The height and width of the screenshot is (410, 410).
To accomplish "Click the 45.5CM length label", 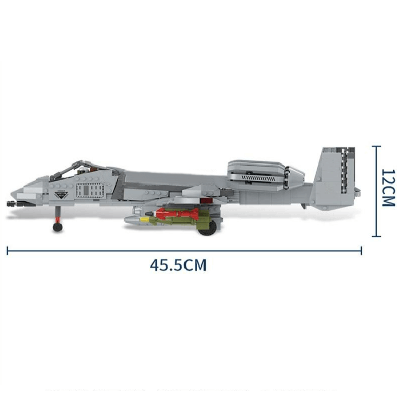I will pyautogui.click(x=178, y=265).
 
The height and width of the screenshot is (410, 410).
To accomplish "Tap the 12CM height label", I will pyautogui.click(x=388, y=188).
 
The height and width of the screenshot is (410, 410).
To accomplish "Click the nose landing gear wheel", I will pyautogui.click(x=57, y=226).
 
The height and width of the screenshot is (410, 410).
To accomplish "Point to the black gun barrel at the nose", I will pyautogui.click(x=10, y=203).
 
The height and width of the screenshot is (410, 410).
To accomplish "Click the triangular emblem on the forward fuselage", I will pyautogui.click(x=61, y=194).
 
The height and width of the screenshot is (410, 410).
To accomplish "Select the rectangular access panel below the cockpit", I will pyautogui.click(x=90, y=191).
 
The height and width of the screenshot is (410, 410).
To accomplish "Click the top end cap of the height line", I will pyautogui.click(x=377, y=146).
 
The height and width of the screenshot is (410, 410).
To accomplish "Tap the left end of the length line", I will pyautogui.click(x=7, y=251).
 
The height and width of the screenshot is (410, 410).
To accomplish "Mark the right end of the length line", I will pyautogui.click(x=361, y=251).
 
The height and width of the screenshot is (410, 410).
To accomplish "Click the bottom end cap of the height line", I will pyautogui.click(x=377, y=236).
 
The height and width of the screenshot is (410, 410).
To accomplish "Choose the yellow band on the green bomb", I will pyautogui.click(x=147, y=220).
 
